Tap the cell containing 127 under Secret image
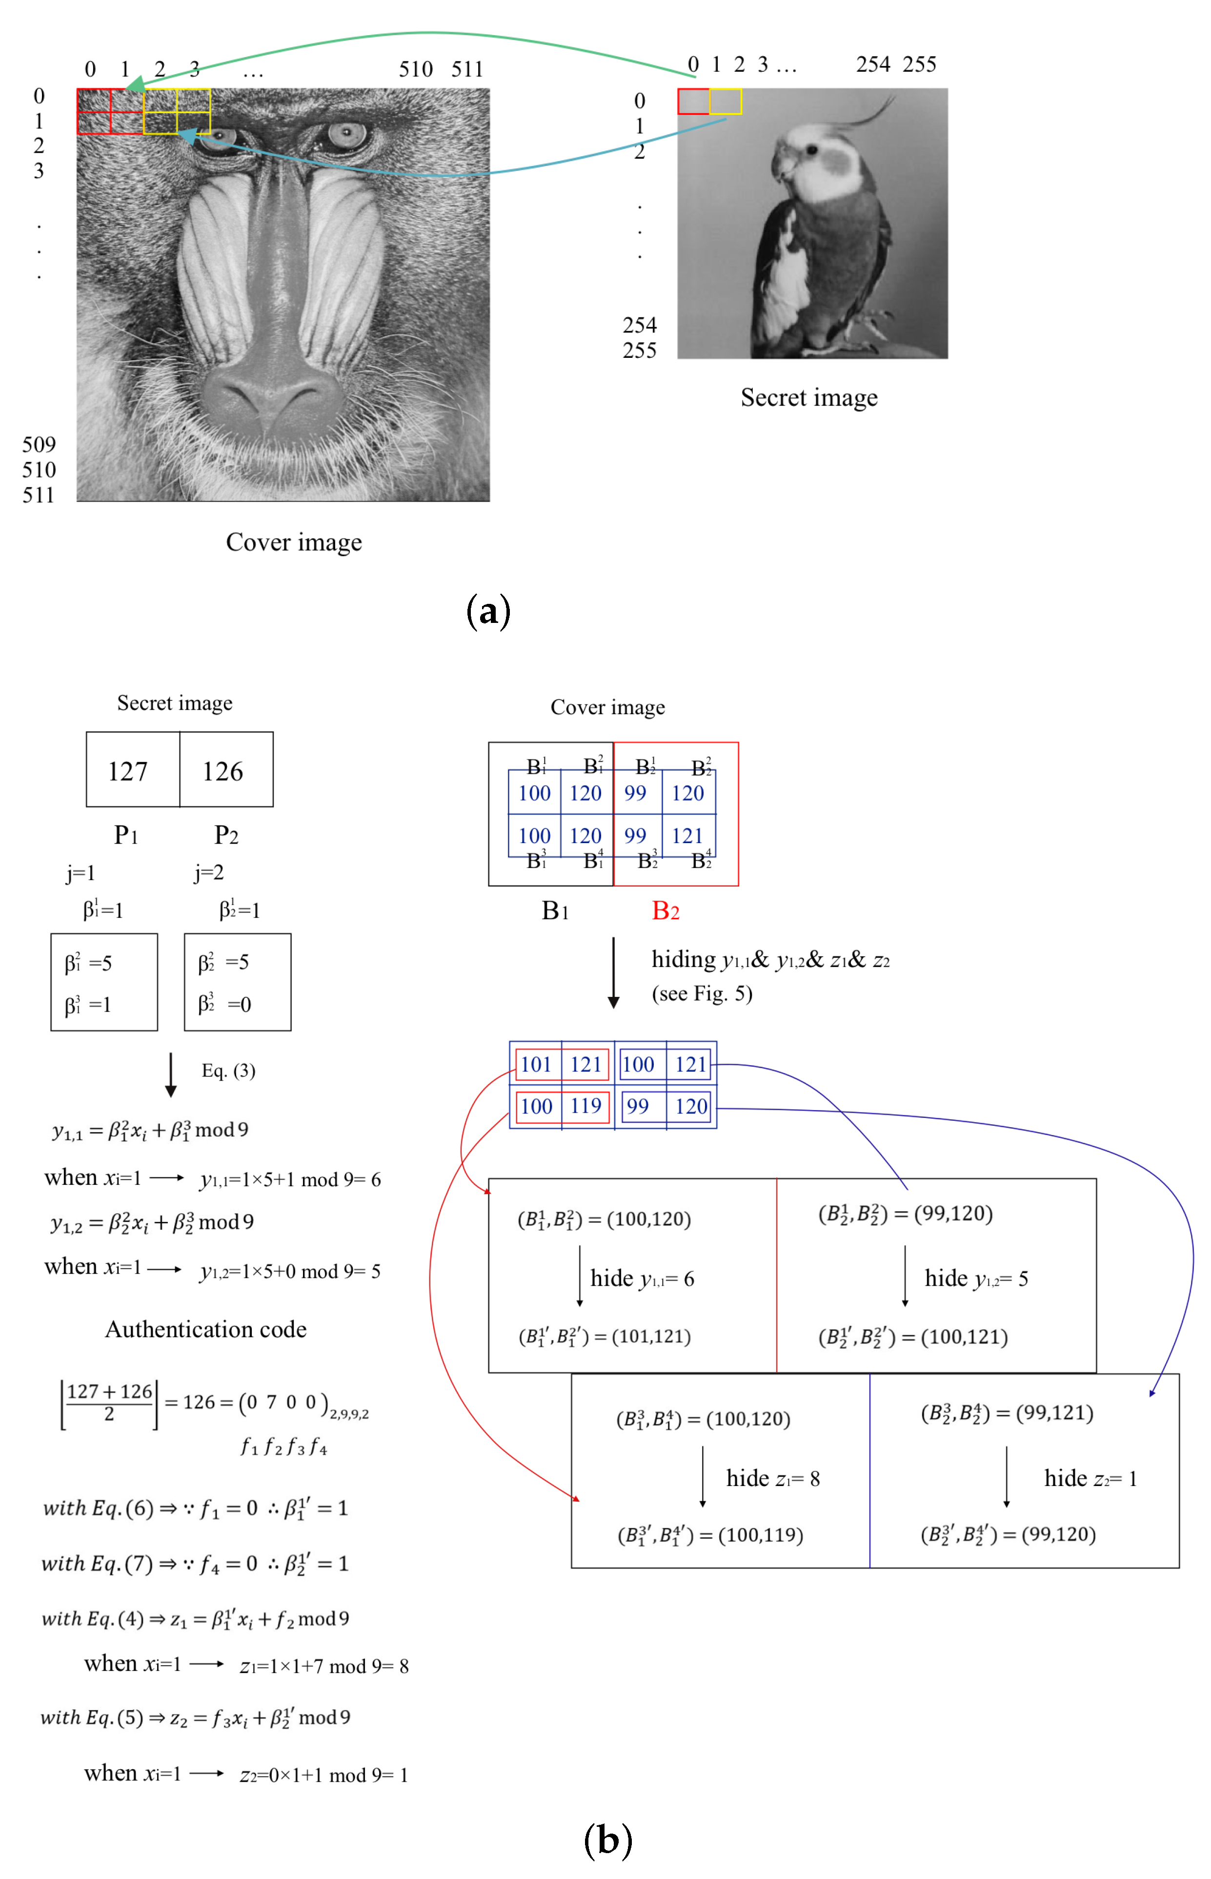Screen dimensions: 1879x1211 point(128,770)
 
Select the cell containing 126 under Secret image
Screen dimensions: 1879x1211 point(223,770)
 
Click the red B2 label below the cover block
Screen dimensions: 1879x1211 point(665,910)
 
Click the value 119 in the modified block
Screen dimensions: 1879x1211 point(586,1106)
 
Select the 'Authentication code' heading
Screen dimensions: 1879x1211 point(206,1329)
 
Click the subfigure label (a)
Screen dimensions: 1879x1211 point(488,611)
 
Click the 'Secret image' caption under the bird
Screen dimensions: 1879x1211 point(808,397)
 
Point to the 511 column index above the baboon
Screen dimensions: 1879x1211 point(467,69)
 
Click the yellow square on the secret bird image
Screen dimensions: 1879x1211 point(725,102)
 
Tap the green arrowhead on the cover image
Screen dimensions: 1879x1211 point(135,85)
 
